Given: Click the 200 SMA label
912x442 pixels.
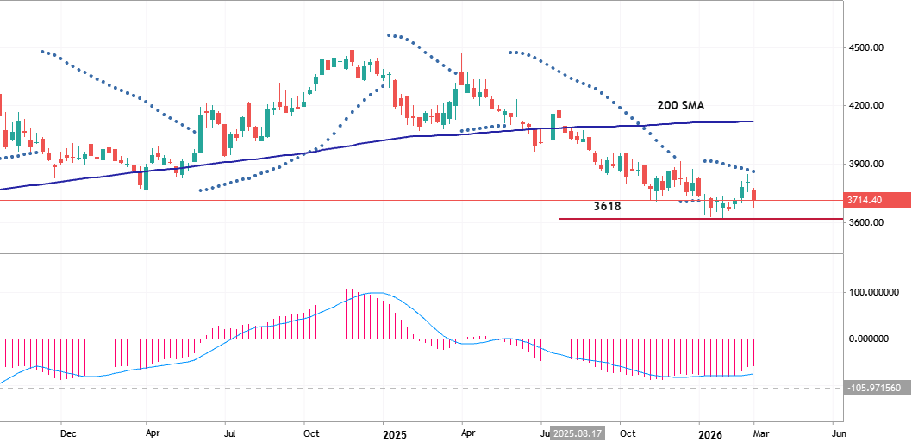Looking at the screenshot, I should [680, 105].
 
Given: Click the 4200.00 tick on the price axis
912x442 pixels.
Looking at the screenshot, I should [867, 105].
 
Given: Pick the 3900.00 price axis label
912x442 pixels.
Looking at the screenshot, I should [867, 164].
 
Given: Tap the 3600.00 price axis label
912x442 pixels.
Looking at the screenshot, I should [867, 222].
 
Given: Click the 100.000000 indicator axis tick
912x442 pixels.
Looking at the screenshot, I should [868, 292].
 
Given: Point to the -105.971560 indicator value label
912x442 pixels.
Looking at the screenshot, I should [874, 389].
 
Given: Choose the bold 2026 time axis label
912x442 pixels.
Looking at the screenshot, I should [710, 433].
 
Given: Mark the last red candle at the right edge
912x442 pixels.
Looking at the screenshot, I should [754, 197].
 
